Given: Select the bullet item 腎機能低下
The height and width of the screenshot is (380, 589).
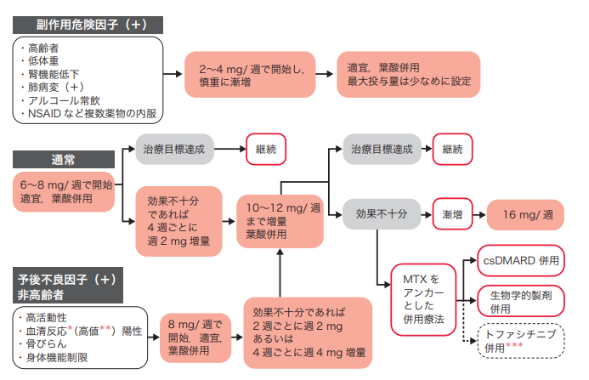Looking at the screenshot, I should pyautogui.click(x=56, y=74).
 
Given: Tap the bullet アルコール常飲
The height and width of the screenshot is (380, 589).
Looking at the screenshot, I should pyautogui.click(x=67, y=99).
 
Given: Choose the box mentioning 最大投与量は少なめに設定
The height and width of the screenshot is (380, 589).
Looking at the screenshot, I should pyautogui.click(x=409, y=75).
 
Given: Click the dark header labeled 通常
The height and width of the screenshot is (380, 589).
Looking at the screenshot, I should pyautogui.click(x=63, y=158).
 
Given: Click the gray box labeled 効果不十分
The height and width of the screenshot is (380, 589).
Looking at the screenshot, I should pyautogui.click(x=382, y=214).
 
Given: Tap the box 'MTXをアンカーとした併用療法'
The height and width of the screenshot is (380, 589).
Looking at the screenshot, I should pyautogui.click(x=422, y=298).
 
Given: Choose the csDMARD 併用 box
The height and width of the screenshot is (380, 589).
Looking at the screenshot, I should pyautogui.click(x=522, y=260).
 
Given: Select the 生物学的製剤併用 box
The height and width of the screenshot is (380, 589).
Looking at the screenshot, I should pyautogui.click(x=522, y=300).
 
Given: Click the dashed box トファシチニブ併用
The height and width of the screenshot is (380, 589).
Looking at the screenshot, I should pyautogui.click(x=522, y=342).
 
